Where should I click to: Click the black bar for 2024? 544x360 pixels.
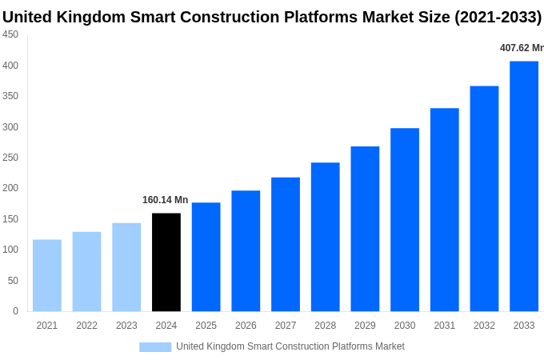tap(166, 262)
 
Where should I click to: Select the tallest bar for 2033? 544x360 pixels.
tap(524, 186)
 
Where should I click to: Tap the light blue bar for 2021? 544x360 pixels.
tap(47, 275)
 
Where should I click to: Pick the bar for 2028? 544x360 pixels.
tap(326, 237)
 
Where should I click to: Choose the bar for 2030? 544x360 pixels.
tap(405, 220)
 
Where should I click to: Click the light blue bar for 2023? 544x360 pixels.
tap(126, 267)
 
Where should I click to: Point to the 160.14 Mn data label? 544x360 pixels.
tap(165, 200)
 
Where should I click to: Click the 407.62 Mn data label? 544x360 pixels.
tap(521, 48)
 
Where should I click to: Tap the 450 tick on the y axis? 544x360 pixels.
tap(10, 34)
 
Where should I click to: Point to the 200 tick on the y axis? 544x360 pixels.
tap(10, 188)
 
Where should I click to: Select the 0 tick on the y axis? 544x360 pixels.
tap(15, 311)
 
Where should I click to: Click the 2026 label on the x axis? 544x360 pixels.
tap(246, 326)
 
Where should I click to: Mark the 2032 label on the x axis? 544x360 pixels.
tap(484, 326)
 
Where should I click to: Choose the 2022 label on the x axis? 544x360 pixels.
tap(86, 326)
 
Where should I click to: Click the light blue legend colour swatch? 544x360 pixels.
tap(155, 346)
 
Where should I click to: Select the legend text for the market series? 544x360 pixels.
tap(290, 346)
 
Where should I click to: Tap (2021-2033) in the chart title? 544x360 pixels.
tap(498, 17)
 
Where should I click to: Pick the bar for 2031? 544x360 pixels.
tap(445, 210)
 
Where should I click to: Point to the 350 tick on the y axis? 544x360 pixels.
tap(10, 96)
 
